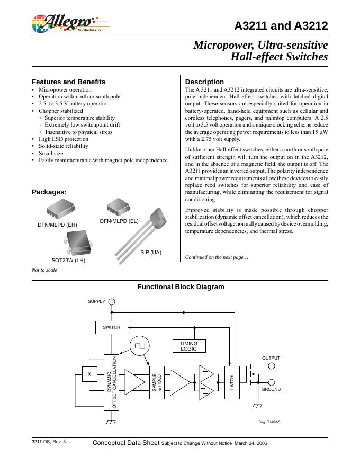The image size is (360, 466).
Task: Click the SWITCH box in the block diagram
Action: pos(111,327)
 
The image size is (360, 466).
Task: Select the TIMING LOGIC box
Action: pos(188,346)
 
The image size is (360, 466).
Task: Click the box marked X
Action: pos(89,374)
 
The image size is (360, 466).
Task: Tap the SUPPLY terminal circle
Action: pos(112,301)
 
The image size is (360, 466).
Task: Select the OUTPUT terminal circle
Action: pos(272,365)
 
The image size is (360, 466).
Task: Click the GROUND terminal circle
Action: pos(272,382)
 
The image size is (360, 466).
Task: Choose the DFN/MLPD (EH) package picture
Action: pos(57,210)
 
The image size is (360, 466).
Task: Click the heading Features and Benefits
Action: pos(68,82)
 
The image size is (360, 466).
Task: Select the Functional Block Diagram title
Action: pos(181,287)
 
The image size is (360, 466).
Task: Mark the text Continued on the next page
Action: pos(217,257)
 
